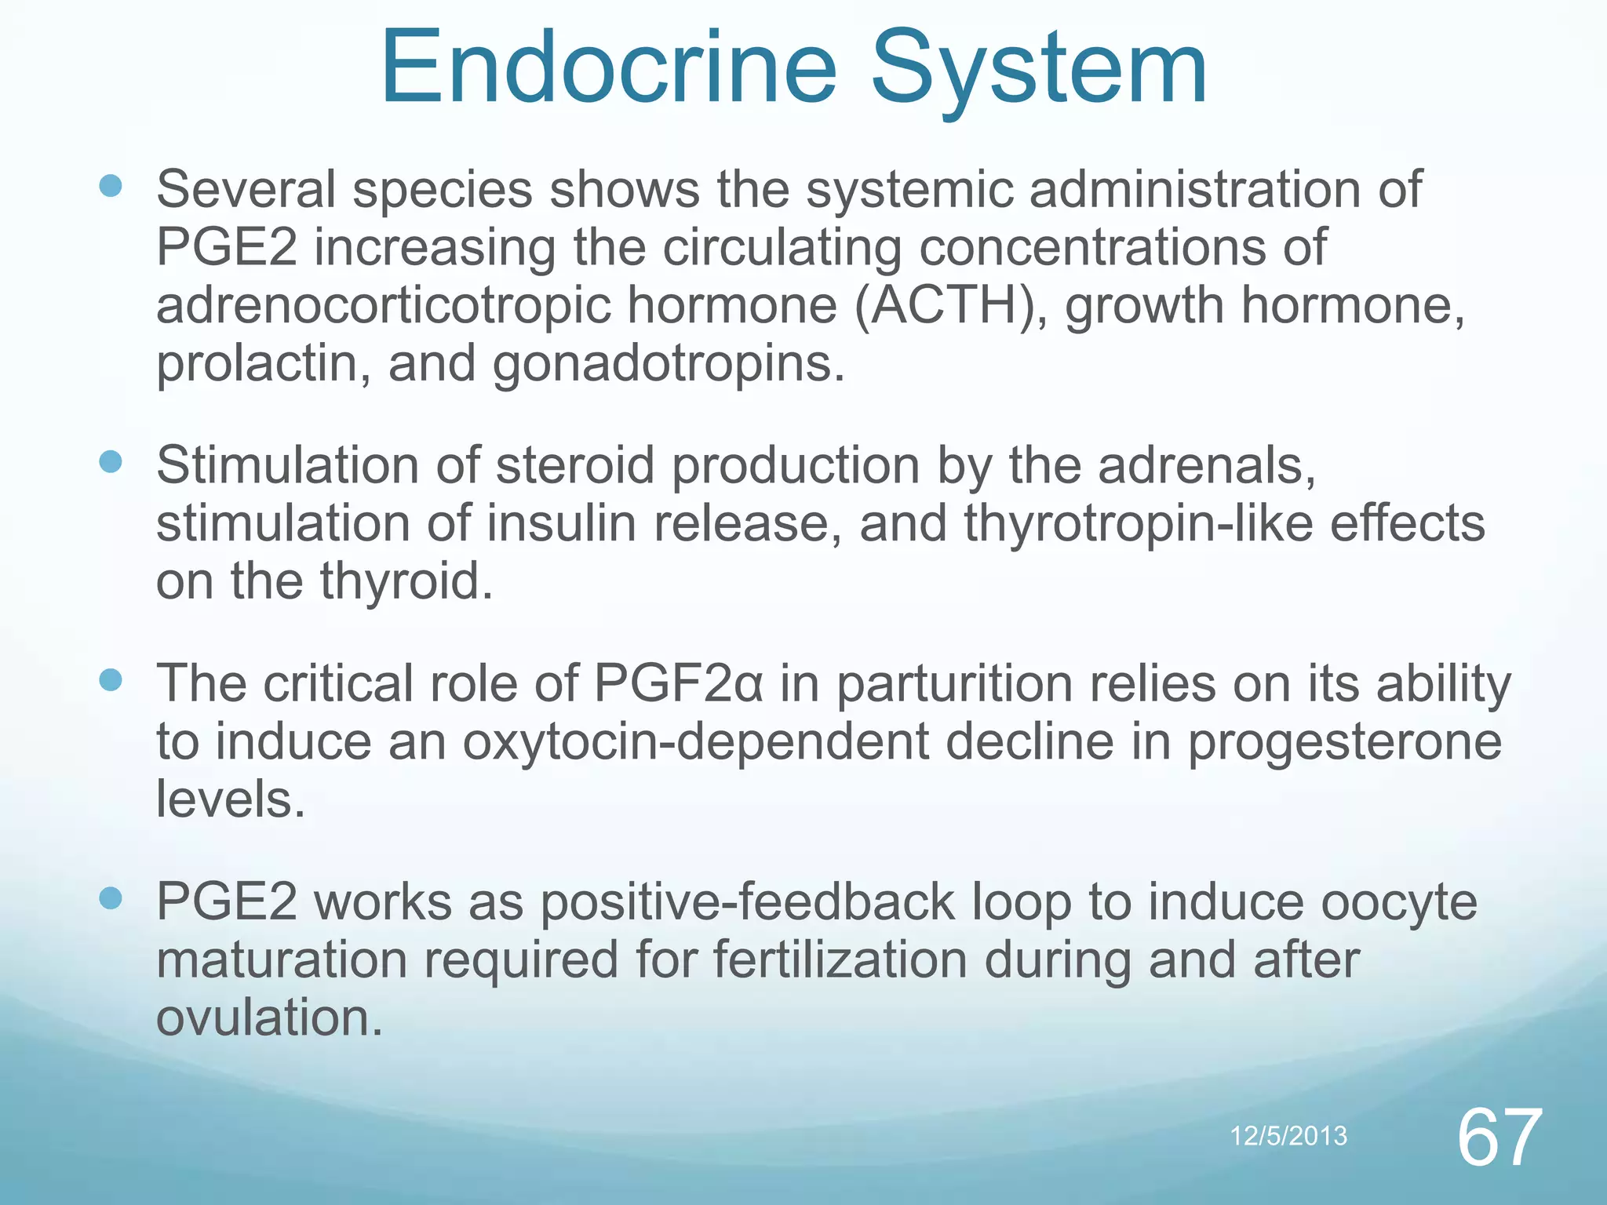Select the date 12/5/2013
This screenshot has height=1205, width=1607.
point(1288,1136)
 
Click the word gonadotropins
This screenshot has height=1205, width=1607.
point(669,366)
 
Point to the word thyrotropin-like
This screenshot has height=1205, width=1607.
point(1138,524)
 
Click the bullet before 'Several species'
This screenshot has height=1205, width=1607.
point(111,187)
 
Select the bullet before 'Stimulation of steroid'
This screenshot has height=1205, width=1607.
point(111,462)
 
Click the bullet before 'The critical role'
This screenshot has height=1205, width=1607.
point(111,680)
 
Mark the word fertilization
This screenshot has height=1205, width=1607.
point(840,960)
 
